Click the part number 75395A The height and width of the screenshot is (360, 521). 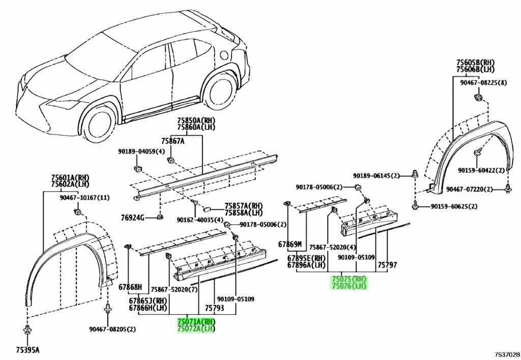tap(27, 350)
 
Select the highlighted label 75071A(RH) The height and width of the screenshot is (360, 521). tap(196, 322)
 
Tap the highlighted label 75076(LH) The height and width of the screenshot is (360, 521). tap(349, 286)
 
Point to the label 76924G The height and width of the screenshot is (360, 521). tap(132, 218)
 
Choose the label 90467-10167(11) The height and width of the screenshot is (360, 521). tap(85, 198)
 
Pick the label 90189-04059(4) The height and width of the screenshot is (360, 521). tap(141, 152)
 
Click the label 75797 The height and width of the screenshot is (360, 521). tap(387, 265)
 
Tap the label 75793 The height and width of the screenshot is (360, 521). tap(214, 308)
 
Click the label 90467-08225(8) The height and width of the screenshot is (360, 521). tap(483, 83)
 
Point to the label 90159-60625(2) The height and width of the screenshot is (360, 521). tap(454, 206)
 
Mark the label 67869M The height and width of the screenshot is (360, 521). tap(290, 244)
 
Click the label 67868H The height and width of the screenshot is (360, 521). tap(130, 287)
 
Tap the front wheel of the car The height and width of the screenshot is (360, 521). tap(98, 121)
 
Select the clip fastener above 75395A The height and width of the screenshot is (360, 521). tap(27, 330)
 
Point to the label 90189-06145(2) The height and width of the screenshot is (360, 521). tap(376, 176)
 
